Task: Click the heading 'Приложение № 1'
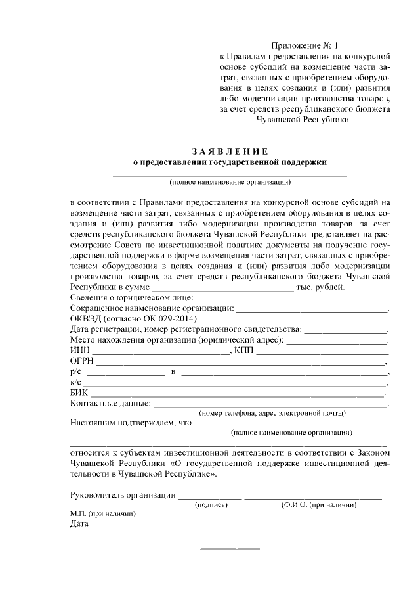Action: [306, 46]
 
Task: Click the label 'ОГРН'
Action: [81, 362]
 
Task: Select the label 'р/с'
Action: [74, 372]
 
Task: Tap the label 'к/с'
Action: [74, 383]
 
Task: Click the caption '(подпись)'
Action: [211, 505]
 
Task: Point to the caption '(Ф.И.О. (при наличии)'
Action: [318, 505]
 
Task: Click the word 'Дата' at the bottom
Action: [79, 524]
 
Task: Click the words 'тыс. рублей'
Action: [318, 287]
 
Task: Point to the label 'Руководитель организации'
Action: [123, 495]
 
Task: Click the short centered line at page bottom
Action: [229, 548]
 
